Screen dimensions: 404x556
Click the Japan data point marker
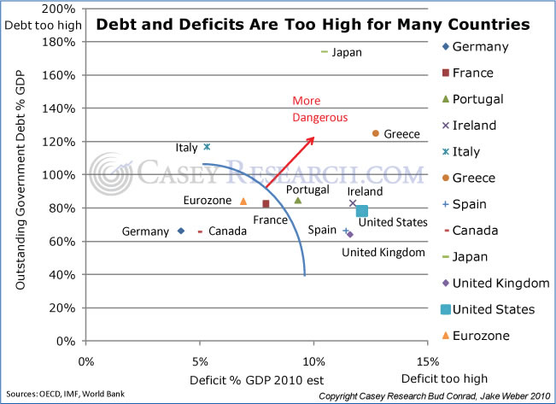click(x=325, y=52)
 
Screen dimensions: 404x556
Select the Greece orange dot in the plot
click(x=375, y=133)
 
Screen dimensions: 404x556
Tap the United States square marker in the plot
click(x=362, y=211)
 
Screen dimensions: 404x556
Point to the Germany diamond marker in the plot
click(x=181, y=231)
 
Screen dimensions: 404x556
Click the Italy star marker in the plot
click(x=207, y=147)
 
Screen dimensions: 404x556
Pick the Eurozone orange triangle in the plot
click(x=243, y=202)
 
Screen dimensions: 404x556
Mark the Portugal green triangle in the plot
click(x=298, y=200)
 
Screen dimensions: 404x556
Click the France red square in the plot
click(x=266, y=204)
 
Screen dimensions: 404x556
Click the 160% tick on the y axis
click(x=61, y=75)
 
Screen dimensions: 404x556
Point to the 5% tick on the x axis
click(x=199, y=360)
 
